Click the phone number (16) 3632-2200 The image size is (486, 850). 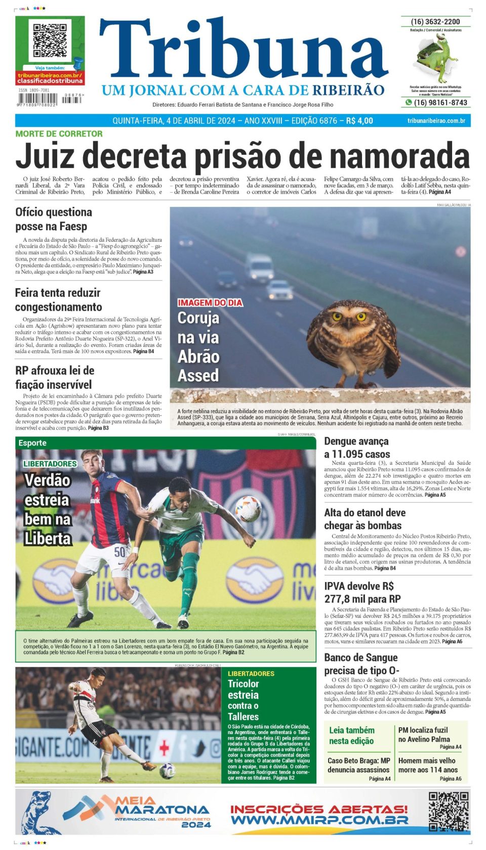(x=435, y=22)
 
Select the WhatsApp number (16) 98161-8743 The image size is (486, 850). (x=440, y=103)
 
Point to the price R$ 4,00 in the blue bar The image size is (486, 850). (x=359, y=121)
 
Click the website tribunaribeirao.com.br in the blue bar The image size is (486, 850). (x=436, y=121)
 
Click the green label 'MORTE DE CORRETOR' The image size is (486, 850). (x=59, y=134)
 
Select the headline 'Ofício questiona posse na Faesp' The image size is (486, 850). (x=54, y=219)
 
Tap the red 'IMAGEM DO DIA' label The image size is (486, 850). (x=210, y=303)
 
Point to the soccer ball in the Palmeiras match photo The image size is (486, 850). (x=248, y=508)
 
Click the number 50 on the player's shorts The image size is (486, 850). (x=119, y=552)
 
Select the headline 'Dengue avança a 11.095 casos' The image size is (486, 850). (x=357, y=448)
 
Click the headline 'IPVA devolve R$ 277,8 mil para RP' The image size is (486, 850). (x=362, y=592)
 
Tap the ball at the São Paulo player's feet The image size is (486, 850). (x=167, y=771)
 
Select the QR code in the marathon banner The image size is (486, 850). (x=448, y=812)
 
